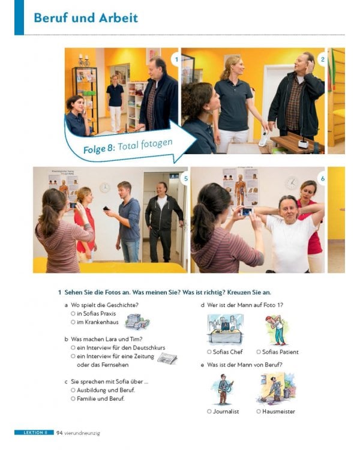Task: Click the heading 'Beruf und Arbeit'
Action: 86,18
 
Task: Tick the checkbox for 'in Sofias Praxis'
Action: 73,314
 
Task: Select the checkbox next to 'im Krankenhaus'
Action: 73,322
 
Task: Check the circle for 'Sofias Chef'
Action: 209,352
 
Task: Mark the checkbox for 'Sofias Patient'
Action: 259,352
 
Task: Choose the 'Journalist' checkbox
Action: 209,412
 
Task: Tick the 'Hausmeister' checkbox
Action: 259,412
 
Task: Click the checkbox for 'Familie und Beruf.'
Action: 73,398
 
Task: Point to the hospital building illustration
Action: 137,322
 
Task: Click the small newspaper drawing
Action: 167,359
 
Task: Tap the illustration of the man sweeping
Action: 275,388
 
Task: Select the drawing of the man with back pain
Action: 277,330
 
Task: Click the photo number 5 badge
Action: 186,179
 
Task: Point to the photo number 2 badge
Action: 322,59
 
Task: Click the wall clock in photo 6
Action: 292,183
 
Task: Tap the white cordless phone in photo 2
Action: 263,139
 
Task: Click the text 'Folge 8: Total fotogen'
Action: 128,146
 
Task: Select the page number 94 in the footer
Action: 59,433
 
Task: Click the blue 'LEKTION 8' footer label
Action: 34,433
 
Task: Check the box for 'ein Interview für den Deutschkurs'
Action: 73,348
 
